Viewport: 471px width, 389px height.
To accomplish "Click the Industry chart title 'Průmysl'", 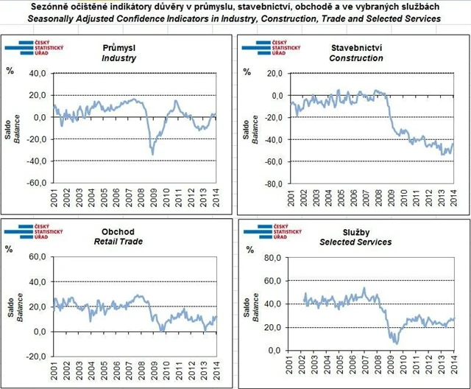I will click(x=118, y=47).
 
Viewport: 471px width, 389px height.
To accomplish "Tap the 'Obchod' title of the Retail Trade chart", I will click(x=118, y=231).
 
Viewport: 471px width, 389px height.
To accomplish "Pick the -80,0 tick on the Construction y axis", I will click(x=274, y=183).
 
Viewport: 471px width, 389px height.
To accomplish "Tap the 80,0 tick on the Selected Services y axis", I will click(x=275, y=257).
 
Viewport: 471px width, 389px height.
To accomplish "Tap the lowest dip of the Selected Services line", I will click(x=396, y=343).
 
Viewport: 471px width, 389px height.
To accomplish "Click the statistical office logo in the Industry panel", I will click(x=30, y=49).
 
